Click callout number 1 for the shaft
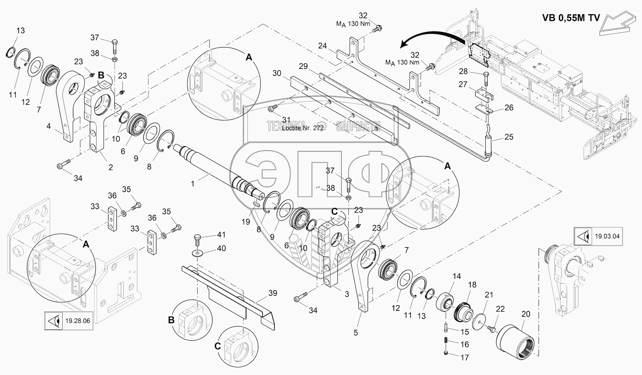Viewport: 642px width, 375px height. [193, 184]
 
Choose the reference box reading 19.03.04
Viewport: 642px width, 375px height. [599, 236]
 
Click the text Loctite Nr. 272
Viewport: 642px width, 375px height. [303, 128]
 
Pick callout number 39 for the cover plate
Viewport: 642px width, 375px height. [273, 293]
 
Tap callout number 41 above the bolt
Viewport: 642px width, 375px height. [221, 235]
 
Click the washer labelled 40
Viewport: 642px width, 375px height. [198, 253]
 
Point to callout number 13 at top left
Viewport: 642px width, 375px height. [21, 31]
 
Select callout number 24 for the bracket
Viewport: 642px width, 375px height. [322, 46]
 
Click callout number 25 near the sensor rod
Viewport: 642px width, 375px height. [509, 137]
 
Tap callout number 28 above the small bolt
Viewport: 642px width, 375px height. [463, 71]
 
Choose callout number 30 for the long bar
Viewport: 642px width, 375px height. [277, 73]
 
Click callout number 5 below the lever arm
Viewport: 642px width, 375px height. [356, 333]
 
